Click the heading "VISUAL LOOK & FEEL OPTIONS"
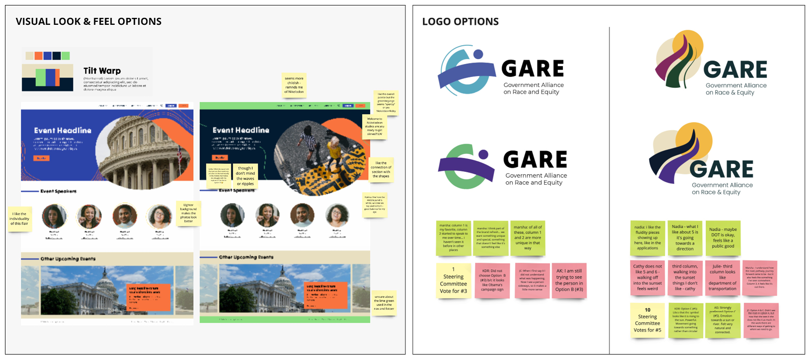coord(88,21)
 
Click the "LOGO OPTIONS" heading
coord(460,21)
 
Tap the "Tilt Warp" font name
coord(102,71)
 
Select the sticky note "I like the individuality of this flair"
coord(20,218)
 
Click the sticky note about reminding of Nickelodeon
coord(294,84)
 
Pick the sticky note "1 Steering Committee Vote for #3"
coord(453,280)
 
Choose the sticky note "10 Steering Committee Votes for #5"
coord(647,320)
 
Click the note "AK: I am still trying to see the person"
coord(569,281)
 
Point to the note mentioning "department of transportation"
coord(722,280)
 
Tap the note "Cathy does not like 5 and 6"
coord(648,278)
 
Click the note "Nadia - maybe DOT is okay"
coord(723,237)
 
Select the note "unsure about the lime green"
coord(384,303)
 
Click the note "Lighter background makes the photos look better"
coord(189,213)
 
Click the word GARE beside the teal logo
coord(533,69)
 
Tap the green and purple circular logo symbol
coord(466,165)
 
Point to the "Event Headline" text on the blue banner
coord(63,131)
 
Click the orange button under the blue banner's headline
coord(41,158)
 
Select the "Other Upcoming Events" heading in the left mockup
coord(68,259)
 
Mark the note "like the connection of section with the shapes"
coord(381,169)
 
